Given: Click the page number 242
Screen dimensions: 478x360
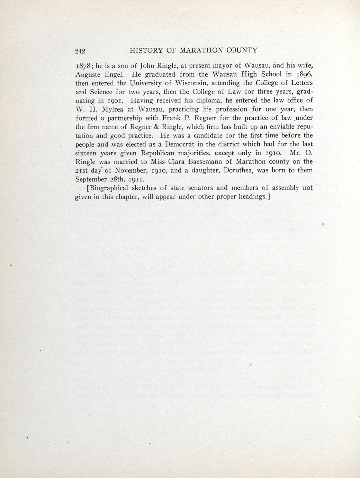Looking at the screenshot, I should [80, 51].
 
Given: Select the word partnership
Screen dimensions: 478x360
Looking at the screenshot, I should [119, 118].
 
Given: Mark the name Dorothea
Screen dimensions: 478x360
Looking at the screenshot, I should [240, 170].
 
